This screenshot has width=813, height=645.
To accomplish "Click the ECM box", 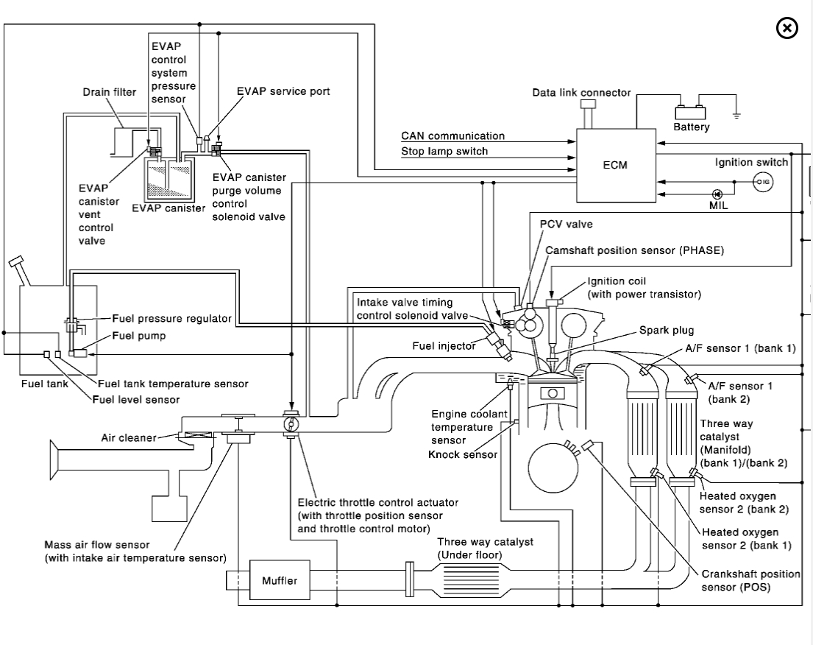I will click(614, 165).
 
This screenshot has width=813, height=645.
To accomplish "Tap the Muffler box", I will click(280, 580).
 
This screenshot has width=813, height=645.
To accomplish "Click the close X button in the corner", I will click(787, 29).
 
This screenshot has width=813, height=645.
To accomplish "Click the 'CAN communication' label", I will click(452, 136).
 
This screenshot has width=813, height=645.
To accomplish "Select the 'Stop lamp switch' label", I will click(444, 152).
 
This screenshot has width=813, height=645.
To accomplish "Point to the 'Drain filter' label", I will click(109, 91).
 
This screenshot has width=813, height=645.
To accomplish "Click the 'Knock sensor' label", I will click(462, 454).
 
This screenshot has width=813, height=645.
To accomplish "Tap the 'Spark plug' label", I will click(666, 331).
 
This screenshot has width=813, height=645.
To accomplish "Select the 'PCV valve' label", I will click(566, 224).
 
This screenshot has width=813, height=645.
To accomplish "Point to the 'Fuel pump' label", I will click(138, 336).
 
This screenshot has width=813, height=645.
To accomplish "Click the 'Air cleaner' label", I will click(129, 438).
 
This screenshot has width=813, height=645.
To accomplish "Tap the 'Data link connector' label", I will click(581, 93).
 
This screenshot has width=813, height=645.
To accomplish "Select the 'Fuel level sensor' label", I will click(135, 399).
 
